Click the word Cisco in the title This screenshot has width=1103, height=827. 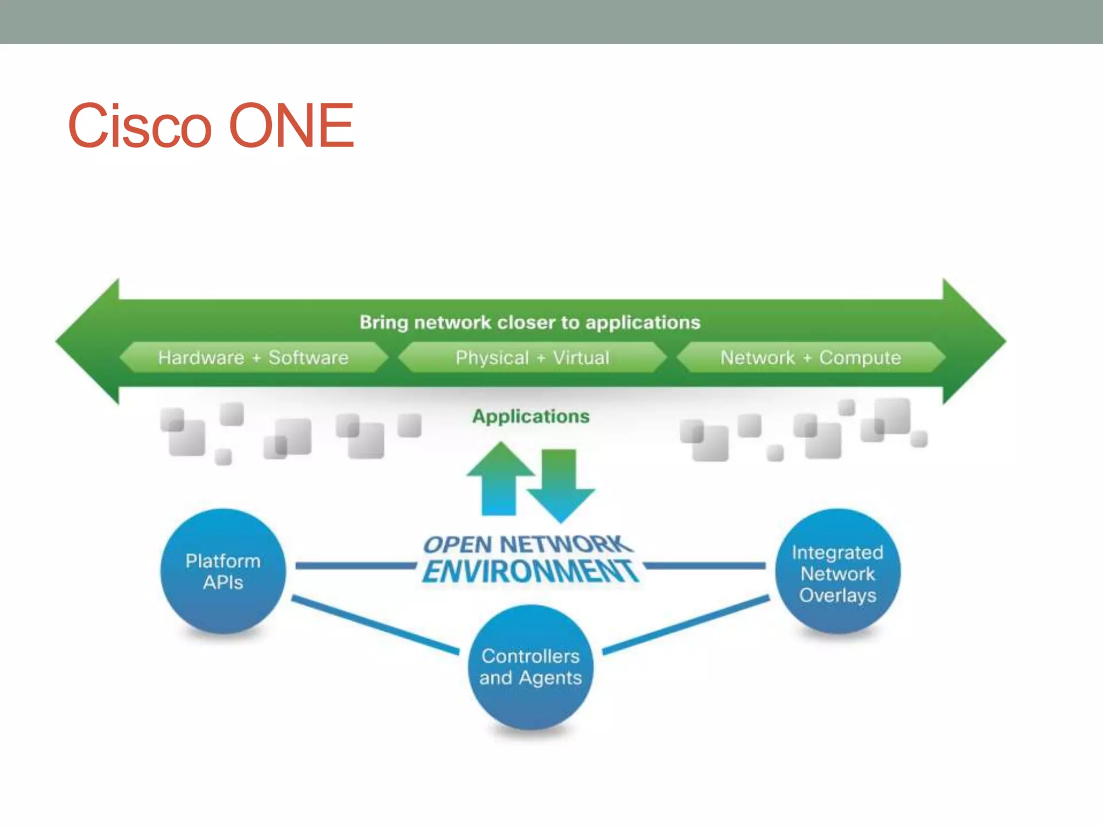tap(140, 126)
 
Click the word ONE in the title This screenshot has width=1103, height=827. tap(291, 126)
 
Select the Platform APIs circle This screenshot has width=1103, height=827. tap(223, 571)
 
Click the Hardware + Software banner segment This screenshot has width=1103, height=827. tap(253, 358)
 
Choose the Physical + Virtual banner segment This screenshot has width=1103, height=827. tap(532, 358)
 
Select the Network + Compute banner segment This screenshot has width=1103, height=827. tap(811, 358)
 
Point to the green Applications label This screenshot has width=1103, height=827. tap(530, 416)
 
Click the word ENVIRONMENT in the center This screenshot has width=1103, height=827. tap(530, 572)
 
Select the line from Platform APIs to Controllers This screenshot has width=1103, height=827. tap(375, 625)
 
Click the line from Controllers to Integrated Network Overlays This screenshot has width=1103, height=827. tap(685, 625)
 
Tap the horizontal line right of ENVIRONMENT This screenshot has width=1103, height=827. tap(704, 565)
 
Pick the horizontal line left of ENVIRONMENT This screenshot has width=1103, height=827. tap(355, 565)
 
